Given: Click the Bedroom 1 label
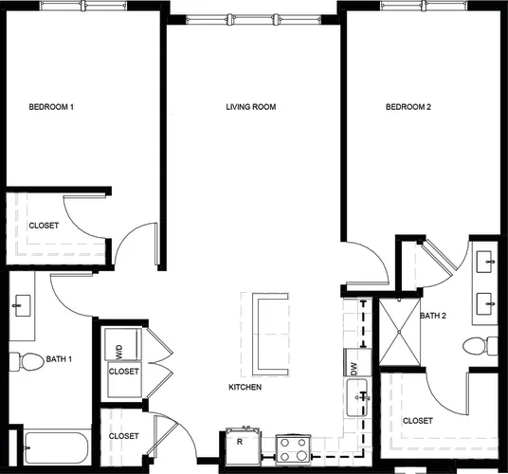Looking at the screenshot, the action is click(x=51, y=107).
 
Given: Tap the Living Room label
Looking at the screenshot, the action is click(x=251, y=107).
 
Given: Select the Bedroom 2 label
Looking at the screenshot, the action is click(x=408, y=107).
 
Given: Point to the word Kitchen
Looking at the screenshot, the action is click(x=245, y=387).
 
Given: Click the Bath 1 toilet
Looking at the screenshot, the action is click(x=27, y=361).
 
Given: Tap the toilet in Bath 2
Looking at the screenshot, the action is click(x=481, y=346).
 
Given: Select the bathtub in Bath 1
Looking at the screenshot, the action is click(x=57, y=447).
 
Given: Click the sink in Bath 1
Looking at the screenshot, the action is click(x=22, y=305).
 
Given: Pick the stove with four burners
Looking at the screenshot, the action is click(x=293, y=449).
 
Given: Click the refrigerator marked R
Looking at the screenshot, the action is click(x=243, y=447).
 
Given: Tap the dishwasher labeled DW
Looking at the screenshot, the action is click(x=357, y=362).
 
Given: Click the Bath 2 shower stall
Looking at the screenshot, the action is click(x=399, y=333).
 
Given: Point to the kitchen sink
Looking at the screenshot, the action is click(x=357, y=397).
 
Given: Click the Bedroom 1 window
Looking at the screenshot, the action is click(x=83, y=5).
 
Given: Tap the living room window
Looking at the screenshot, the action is click(x=253, y=20).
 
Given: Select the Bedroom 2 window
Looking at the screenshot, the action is click(x=424, y=5).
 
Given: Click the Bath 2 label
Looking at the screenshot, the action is click(x=433, y=316).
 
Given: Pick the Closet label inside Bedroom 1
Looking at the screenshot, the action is click(x=44, y=226).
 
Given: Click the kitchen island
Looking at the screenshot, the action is click(x=264, y=335).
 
